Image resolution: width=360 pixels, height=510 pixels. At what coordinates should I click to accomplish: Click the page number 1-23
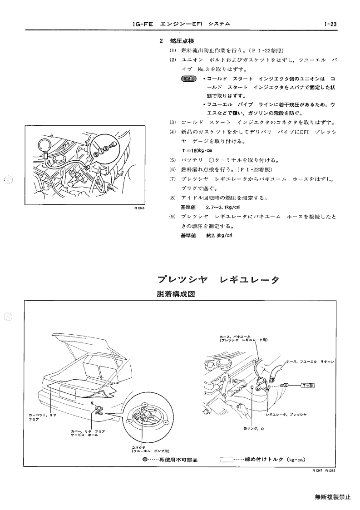click(330, 24)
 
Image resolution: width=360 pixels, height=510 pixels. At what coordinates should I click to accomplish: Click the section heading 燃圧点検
click(182, 41)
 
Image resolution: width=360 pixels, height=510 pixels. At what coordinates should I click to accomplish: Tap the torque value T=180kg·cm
click(197, 151)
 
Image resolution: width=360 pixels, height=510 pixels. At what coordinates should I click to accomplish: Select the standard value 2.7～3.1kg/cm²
click(223, 207)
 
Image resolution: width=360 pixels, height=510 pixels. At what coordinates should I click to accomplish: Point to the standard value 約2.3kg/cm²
click(220, 235)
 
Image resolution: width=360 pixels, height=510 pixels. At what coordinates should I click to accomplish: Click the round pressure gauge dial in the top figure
click(43, 144)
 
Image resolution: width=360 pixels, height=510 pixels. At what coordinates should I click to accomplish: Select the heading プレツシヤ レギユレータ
click(218, 280)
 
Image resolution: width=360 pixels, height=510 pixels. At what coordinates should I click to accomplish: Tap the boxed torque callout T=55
click(307, 386)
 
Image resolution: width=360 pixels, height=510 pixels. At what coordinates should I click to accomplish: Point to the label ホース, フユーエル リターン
click(311, 361)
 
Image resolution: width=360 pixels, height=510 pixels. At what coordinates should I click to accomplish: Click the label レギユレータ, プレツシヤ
click(286, 415)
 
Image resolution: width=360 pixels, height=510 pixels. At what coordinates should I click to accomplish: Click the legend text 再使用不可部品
click(178, 460)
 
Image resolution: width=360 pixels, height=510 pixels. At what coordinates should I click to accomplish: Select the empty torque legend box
click(227, 460)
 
